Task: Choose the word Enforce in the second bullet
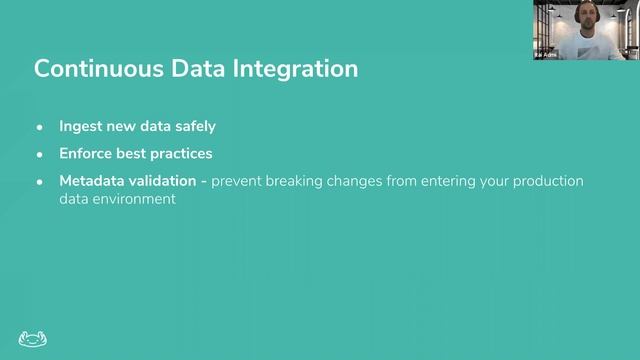tap(86, 154)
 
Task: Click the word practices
tap(179, 154)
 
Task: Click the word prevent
tap(239, 181)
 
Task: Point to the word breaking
tap(302, 181)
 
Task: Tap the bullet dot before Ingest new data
tap(40, 128)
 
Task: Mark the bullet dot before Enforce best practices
tap(40, 155)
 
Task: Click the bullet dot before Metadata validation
tap(40, 182)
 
